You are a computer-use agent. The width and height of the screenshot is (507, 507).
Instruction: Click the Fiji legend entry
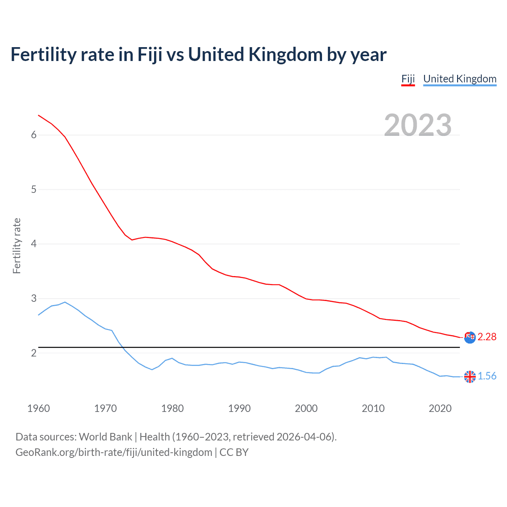(408, 79)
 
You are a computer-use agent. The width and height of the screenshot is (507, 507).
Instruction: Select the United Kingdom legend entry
(459, 79)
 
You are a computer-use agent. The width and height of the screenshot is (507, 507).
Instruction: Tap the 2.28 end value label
(487, 337)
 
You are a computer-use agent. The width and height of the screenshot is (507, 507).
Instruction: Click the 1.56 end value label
(487, 376)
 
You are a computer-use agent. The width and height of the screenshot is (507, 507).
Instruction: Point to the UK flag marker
(470, 377)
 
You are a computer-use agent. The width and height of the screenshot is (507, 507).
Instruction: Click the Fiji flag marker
(470, 337)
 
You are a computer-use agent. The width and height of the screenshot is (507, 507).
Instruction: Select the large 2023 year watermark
(417, 125)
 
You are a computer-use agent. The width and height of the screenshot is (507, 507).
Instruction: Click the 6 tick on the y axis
(34, 135)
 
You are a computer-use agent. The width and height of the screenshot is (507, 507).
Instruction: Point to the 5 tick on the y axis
(34, 189)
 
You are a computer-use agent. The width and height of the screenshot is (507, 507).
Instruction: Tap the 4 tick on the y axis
(34, 244)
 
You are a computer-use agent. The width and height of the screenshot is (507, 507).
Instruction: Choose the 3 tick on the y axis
(34, 298)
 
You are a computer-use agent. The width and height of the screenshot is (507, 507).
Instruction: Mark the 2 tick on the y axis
(34, 353)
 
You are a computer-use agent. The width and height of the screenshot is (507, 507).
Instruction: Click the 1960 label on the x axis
(38, 408)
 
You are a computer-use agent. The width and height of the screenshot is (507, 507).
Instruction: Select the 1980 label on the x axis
(172, 408)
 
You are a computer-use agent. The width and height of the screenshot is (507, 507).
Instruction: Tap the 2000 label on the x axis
(306, 408)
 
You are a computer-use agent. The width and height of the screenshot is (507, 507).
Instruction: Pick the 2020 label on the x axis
(440, 408)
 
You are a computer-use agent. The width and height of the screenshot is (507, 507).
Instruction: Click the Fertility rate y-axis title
(17, 246)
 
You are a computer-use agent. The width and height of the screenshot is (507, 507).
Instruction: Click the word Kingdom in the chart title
(285, 54)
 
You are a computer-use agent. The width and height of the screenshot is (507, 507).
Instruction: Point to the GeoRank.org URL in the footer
(114, 452)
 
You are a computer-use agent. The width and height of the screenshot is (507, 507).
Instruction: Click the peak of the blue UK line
(65, 302)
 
